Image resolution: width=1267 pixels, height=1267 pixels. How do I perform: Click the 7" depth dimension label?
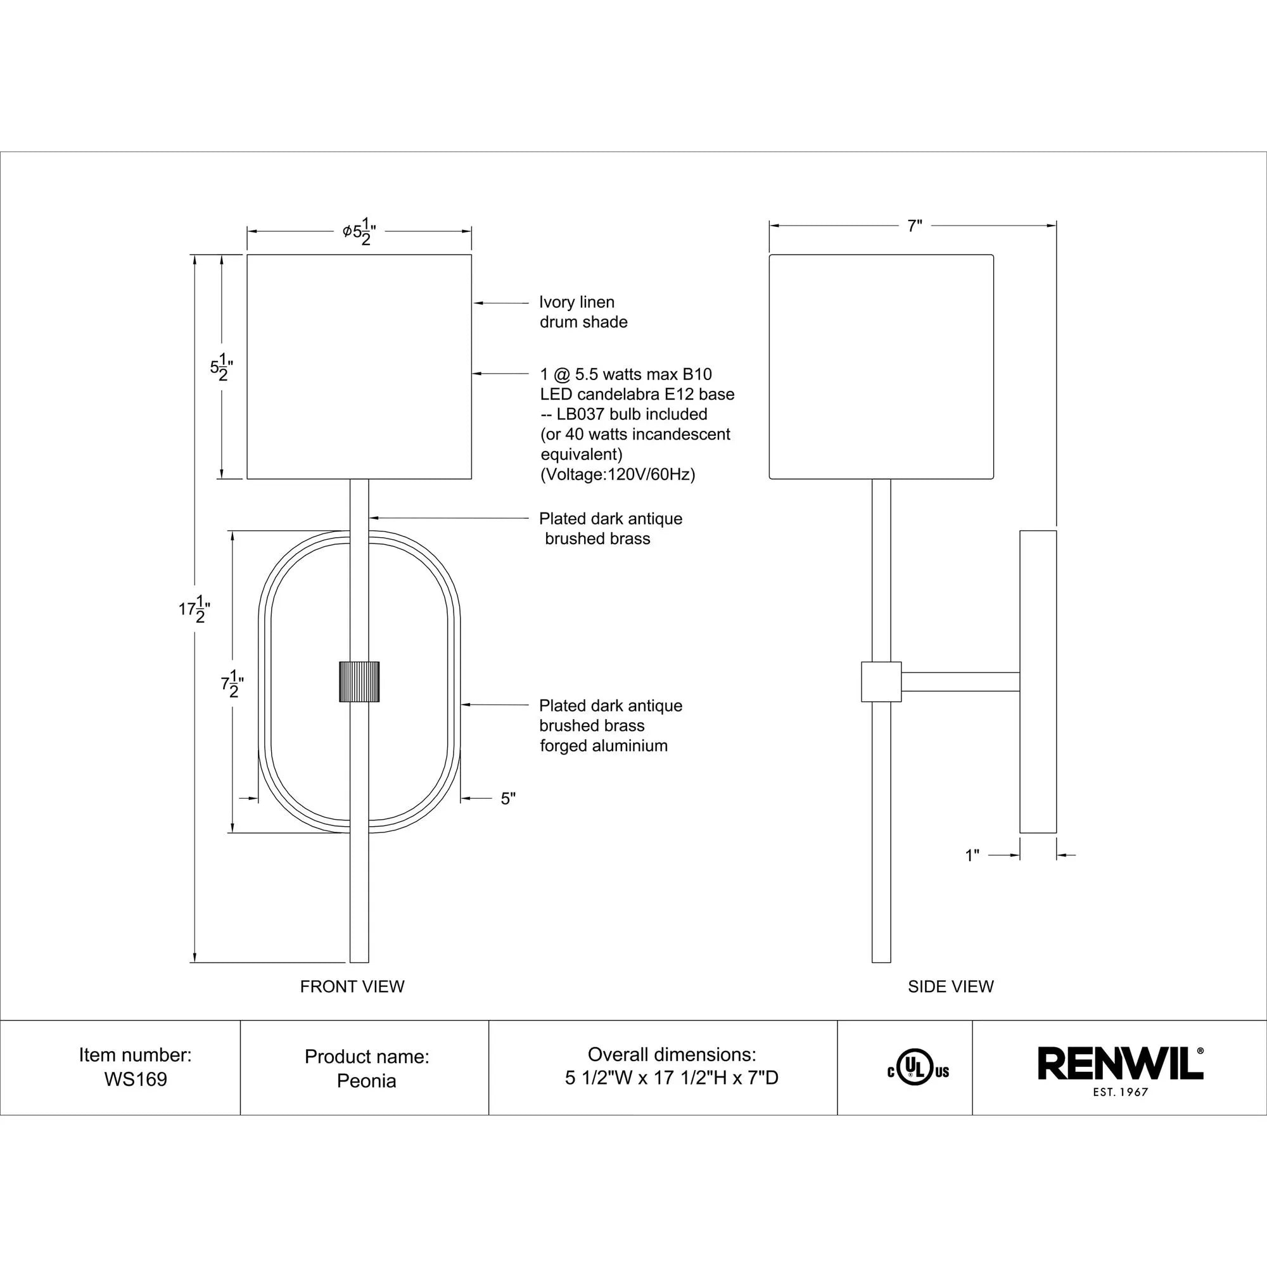915,226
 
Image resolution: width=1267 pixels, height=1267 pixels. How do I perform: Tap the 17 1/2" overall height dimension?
194,609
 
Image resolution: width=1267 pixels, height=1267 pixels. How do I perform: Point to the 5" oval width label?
508,799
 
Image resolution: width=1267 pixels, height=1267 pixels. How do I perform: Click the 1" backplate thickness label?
972,855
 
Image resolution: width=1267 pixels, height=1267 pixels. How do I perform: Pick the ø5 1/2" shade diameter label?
359,231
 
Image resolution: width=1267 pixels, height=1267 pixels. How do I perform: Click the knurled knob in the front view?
359,682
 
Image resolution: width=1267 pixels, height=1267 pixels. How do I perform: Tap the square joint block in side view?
881,682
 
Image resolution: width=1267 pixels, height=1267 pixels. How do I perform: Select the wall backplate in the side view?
1038,682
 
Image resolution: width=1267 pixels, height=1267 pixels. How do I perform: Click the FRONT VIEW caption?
352,986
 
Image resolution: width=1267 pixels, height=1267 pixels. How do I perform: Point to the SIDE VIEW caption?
950,986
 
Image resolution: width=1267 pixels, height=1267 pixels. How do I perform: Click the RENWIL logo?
1120,1064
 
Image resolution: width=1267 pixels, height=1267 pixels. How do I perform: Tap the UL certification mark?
917,1072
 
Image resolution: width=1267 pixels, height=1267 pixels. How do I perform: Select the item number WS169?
136,1079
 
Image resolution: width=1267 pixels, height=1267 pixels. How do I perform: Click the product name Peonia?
367,1081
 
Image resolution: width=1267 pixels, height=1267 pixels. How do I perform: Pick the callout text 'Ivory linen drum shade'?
583,312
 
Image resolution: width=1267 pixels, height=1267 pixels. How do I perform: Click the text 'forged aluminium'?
603,746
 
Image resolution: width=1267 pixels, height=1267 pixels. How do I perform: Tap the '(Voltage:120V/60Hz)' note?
617,474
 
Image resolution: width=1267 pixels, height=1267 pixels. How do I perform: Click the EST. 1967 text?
1120,1093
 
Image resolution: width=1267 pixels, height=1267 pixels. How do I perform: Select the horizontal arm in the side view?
960,682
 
